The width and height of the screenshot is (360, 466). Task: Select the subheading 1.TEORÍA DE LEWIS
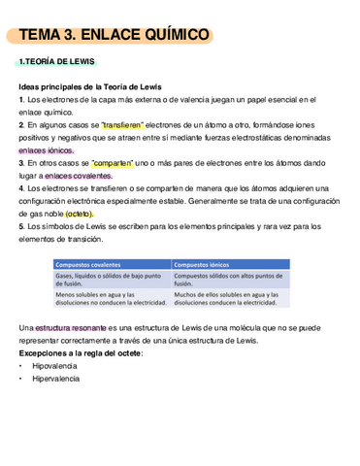click(57, 62)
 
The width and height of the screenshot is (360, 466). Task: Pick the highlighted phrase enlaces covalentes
click(78, 176)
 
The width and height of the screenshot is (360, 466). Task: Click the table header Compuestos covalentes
click(86, 264)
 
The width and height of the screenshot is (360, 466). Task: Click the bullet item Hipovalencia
click(55, 366)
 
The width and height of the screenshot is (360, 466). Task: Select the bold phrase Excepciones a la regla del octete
click(80, 353)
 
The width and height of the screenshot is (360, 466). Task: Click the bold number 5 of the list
click(20, 226)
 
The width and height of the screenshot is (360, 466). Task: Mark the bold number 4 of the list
click(20, 188)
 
